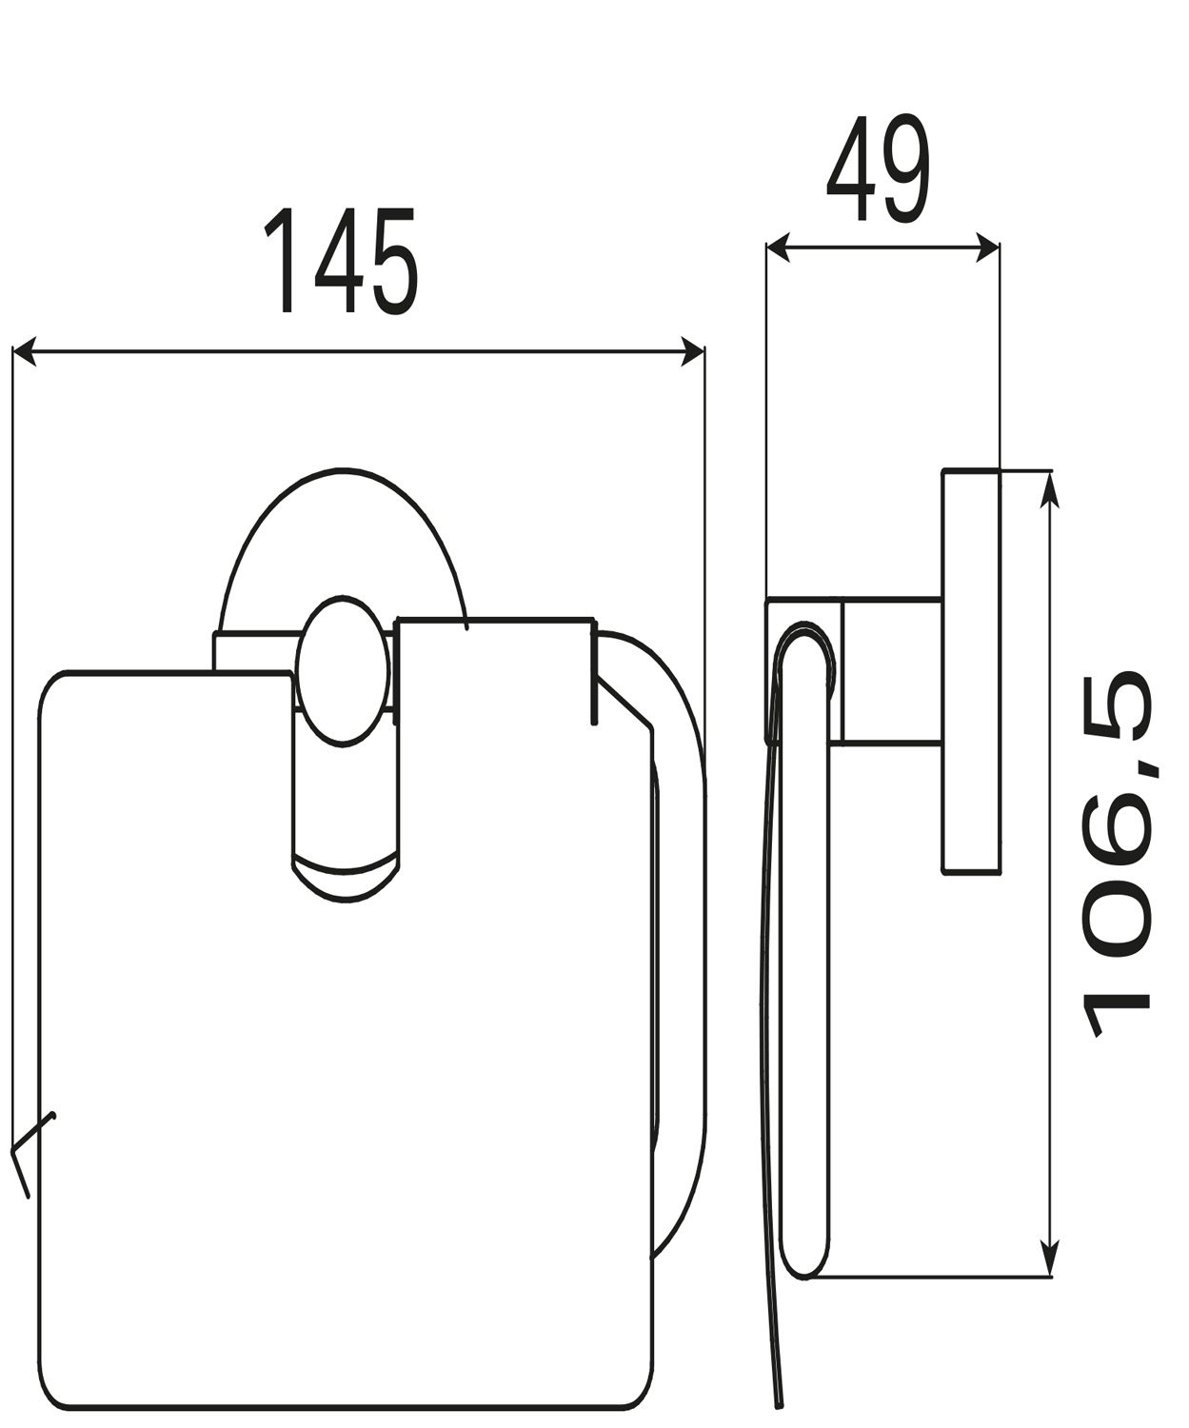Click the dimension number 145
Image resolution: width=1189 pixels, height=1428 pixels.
pos(340,261)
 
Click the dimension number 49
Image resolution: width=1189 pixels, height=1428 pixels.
pos(879,168)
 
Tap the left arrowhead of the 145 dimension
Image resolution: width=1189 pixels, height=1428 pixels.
pos(25,351)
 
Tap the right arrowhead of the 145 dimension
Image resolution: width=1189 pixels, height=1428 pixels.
pos(692,351)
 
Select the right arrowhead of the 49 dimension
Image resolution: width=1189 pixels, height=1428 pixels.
pos(987,248)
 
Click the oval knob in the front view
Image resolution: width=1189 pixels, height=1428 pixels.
pos(343,671)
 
